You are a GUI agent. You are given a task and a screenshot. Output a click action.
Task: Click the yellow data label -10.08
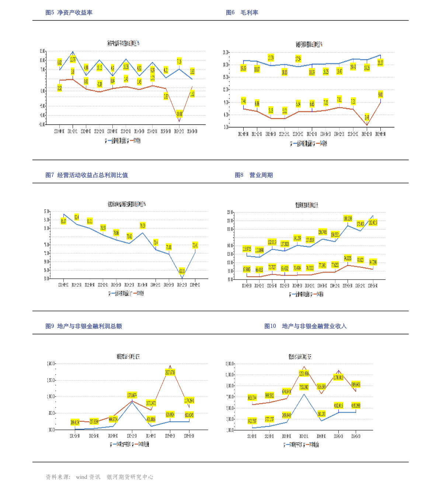point(179,113)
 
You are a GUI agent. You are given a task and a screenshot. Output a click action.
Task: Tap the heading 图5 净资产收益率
point(69,13)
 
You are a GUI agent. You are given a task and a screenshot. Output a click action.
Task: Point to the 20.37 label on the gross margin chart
point(380,63)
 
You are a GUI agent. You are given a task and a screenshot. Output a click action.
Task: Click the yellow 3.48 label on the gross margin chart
point(367,117)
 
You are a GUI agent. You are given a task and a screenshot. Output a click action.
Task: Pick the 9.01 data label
point(380,95)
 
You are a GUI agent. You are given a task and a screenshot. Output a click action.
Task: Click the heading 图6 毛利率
point(242,13)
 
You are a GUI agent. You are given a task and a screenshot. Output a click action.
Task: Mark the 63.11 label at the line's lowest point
point(182,271)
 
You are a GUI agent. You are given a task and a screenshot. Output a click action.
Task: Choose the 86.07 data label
point(63,221)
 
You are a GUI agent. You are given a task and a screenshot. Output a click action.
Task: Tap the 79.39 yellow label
point(142,225)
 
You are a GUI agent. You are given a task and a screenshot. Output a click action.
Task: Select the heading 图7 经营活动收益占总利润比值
point(87,175)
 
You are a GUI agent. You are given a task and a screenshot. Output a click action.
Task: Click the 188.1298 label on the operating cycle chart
point(348,218)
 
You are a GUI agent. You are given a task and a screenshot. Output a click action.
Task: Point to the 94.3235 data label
point(348,258)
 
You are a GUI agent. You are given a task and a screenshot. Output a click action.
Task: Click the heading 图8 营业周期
point(254,175)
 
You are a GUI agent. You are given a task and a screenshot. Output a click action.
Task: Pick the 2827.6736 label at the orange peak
point(170,372)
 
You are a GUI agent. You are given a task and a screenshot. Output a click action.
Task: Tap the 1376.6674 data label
point(132,395)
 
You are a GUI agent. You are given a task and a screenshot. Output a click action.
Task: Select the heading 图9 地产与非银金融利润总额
point(84,326)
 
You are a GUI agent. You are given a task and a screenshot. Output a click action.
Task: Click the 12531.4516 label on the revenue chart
point(304,373)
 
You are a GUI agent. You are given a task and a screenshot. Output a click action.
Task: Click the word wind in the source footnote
point(82,477)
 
